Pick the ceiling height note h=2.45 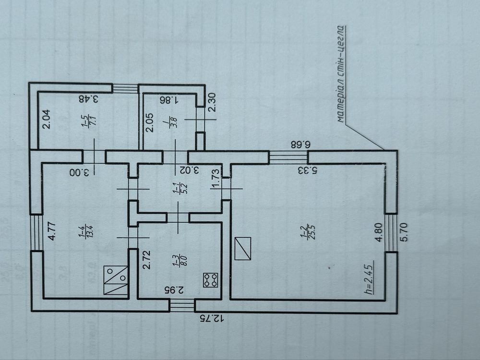[x=369, y=277]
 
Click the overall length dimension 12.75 [x=212, y=319]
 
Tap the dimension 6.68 [x=300, y=144]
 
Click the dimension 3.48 [x=88, y=99]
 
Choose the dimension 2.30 [x=212, y=103]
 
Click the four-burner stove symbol [x=211, y=280]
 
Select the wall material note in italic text [x=340, y=74]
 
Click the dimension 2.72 [x=147, y=260]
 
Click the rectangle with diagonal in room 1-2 [x=243, y=249]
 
